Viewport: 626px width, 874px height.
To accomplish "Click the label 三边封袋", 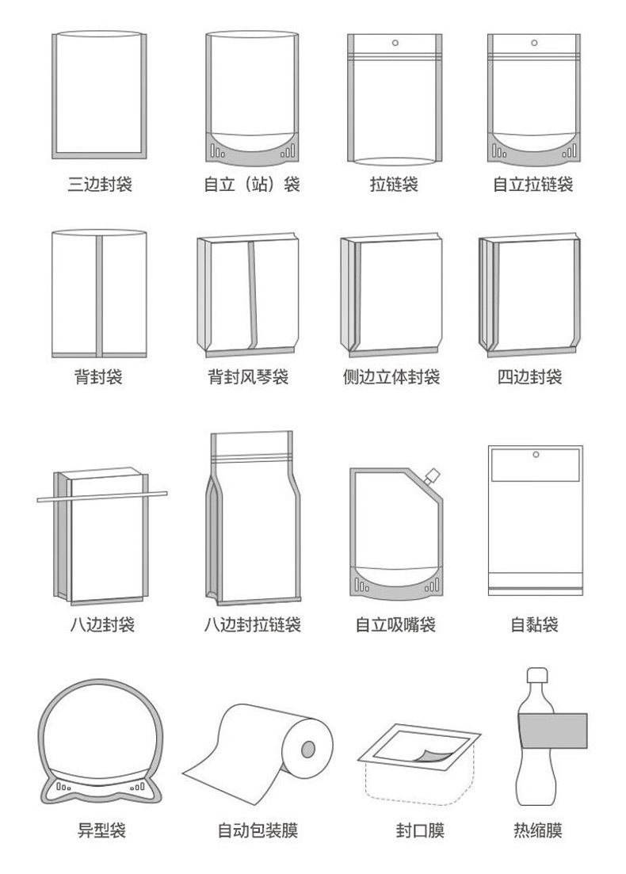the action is click(100, 184).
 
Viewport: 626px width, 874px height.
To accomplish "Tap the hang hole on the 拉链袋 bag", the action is click(395, 43).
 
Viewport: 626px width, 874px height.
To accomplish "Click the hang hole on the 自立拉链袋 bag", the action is click(534, 43).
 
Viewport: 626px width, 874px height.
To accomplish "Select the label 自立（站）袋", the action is click(252, 184).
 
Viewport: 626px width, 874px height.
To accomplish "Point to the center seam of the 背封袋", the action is click(99, 296).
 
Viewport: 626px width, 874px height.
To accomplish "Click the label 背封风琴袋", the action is click(248, 377).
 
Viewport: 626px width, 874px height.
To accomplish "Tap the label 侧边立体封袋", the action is click(391, 377).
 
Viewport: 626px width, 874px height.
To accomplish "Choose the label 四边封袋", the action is click(529, 377).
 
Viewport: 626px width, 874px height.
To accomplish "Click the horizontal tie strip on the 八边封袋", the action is click(102, 496).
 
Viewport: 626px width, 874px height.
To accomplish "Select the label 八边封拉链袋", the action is click(253, 624).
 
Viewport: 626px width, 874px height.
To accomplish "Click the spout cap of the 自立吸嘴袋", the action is click(432, 475).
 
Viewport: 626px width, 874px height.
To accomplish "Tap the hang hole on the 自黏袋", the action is click(536, 455).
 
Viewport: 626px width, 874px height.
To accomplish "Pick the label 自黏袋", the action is click(535, 624).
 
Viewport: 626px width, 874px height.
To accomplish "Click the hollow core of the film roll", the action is click(308, 749).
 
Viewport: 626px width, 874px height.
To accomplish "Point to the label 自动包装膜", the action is click(258, 830).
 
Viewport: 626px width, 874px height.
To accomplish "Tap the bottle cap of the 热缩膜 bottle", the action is click(537, 675).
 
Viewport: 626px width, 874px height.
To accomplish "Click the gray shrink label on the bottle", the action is click(552, 731).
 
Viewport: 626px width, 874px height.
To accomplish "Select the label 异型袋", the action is click(102, 830).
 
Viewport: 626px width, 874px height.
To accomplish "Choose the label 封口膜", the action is click(420, 830).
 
